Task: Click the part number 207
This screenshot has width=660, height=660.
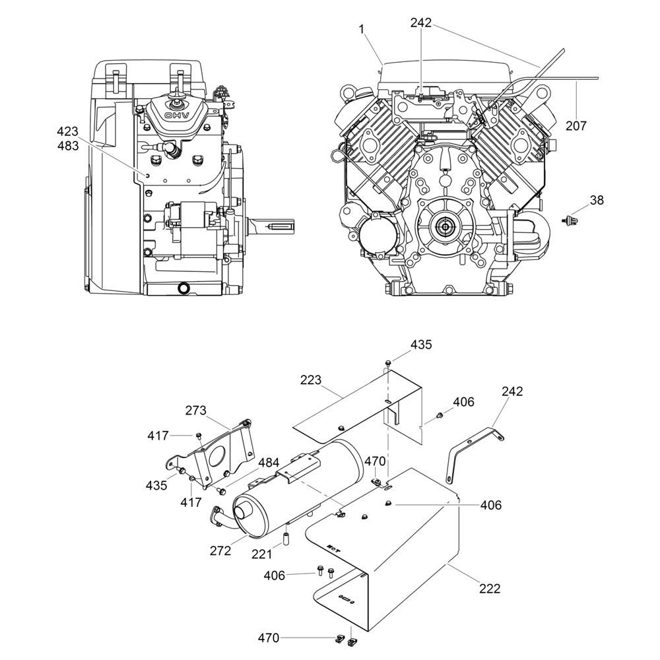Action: [576, 125]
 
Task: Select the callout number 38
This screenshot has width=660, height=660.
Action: [597, 200]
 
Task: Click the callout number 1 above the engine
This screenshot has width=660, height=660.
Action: [362, 28]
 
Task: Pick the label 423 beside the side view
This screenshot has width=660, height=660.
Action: [67, 131]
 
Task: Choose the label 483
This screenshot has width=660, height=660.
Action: [67, 145]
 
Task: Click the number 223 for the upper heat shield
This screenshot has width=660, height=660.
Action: [310, 380]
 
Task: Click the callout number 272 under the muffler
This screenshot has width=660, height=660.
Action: [220, 550]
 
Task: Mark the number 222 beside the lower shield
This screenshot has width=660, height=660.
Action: [490, 588]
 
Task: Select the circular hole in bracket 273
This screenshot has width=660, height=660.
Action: [216, 455]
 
